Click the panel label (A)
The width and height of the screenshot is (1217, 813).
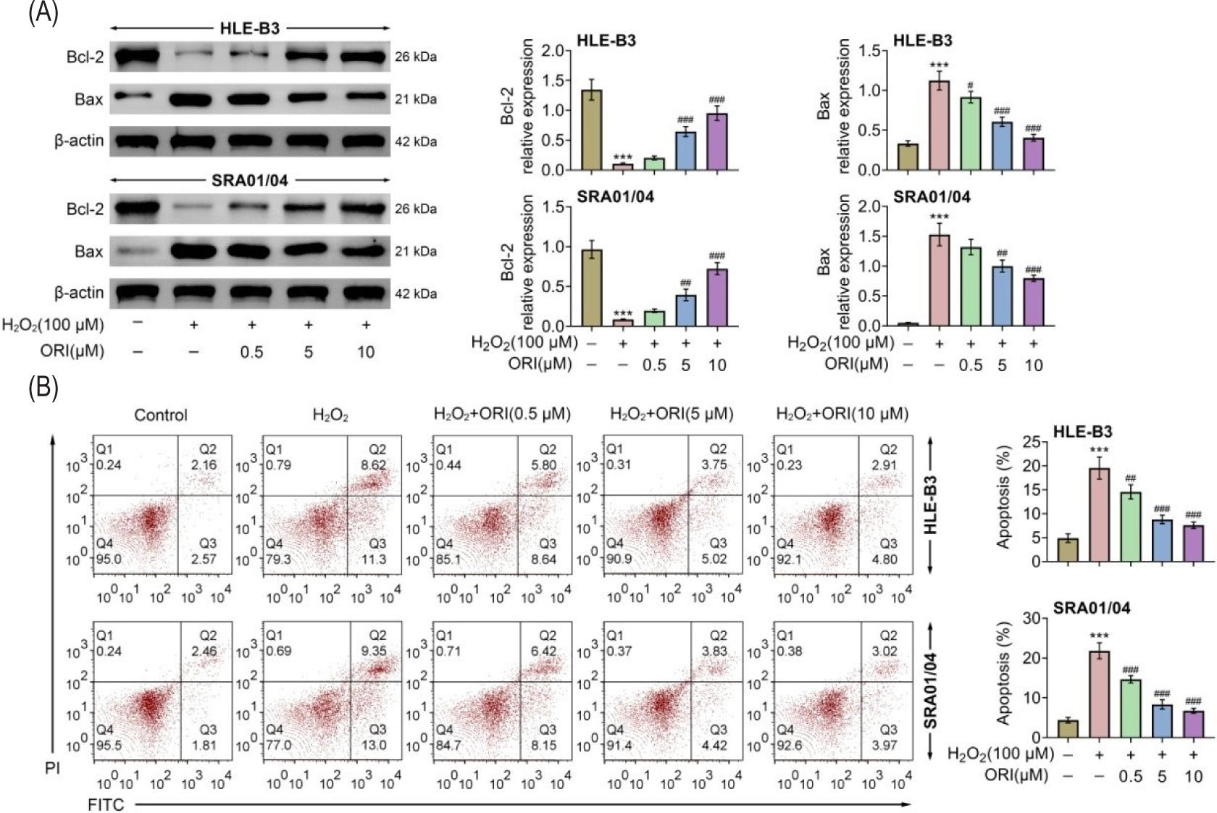(43, 14)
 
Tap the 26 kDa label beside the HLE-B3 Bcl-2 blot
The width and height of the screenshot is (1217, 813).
(415, 57)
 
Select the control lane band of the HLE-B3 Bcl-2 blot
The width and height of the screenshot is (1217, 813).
(138, 56)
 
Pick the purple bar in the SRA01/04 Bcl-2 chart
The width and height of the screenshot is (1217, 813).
(716, 297)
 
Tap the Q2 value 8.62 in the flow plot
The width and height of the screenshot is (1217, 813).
(373, 465)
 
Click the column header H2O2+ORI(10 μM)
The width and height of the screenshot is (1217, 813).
(842, 414)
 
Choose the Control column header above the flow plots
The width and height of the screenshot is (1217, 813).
(161, 415)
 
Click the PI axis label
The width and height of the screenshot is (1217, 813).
(52, 768)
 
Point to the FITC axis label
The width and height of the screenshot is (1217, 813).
(106, 804)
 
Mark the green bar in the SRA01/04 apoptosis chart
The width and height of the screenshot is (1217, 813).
(1130, 708)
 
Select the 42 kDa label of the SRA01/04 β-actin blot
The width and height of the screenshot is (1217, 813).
(415, 293)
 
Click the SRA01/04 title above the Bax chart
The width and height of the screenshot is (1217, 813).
(932, 197)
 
